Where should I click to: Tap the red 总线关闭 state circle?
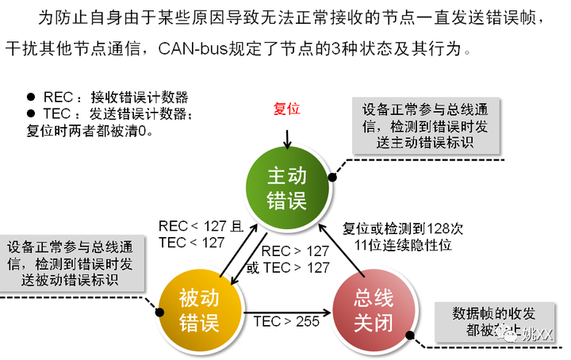374,309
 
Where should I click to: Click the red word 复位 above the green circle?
286,108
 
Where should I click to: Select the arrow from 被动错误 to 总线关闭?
285,309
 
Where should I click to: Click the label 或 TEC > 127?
287,268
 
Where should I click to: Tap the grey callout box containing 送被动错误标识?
74,262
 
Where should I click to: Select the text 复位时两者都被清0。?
90,130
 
